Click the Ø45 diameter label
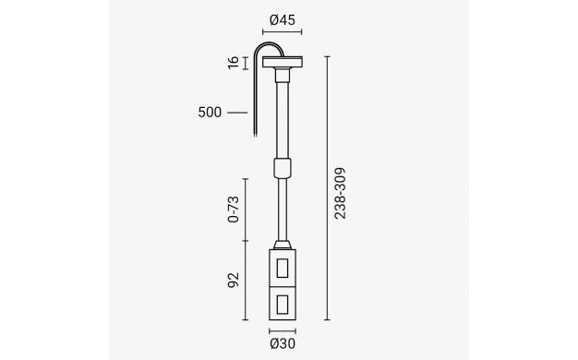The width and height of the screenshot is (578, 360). [283, 20]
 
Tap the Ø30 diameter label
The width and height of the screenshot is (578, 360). [283, 343]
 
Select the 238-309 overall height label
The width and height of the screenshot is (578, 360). [340, 194]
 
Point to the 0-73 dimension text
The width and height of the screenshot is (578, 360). [234, 210]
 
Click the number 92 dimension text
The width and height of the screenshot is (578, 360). [234, 280]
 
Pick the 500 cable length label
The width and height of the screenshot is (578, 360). [210, 113]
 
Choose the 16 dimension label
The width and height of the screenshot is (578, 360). [234, 63]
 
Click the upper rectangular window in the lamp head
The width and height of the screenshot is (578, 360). [283, 268]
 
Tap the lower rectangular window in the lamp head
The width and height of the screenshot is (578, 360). [283, 305]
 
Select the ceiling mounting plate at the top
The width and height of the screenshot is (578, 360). [283, 62]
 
